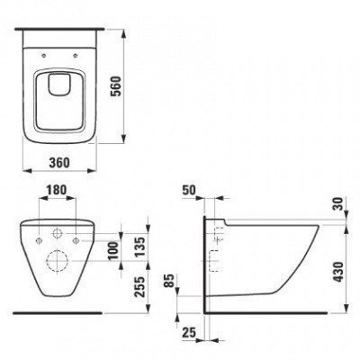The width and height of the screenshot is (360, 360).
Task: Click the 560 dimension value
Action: tap(115, 86)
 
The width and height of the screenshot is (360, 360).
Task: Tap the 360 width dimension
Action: tap(59, 163)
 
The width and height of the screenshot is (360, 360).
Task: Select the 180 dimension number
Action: tap(57, 190)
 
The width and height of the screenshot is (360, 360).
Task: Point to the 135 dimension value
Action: tap(139, 247)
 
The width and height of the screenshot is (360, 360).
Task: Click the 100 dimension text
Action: tap(114, 251)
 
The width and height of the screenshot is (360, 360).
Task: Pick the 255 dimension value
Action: tap(139, 287)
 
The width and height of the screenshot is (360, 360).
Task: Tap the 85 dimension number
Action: tap(170, 281)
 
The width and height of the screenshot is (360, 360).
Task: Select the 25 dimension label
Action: tap(188, 332)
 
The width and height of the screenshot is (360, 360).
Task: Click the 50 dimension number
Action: tap(189, 190)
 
